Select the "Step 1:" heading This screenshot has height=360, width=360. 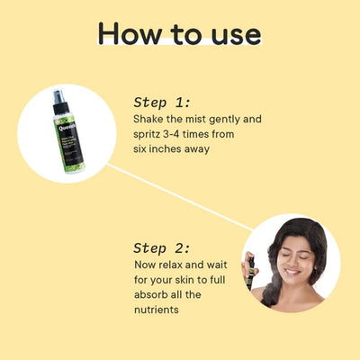point(163,102)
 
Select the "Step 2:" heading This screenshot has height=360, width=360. point(163,247)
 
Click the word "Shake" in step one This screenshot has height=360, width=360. point(149,120)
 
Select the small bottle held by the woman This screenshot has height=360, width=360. point(252,267)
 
